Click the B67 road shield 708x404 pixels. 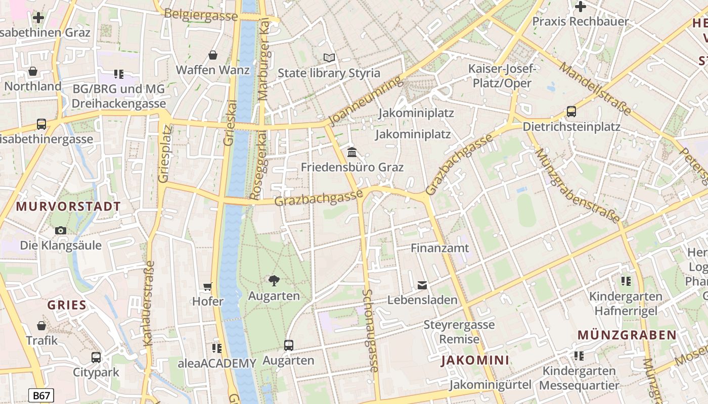tap(41, 395)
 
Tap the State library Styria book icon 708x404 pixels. tap(329, 58)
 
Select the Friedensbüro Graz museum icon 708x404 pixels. tap(352, 152)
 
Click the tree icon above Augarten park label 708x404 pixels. tap(274, 280)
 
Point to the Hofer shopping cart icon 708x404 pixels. tap(207, 287)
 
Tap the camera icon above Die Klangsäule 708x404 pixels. tap(61, 231)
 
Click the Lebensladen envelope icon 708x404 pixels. tap(422, 285)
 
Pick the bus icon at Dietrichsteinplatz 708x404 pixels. tap(571, 112)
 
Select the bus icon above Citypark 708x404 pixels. tap(96, 358)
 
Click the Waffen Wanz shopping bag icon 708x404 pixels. tap(213, 55)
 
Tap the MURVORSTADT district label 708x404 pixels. tap(68, 207)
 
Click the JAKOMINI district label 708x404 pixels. tap(475, 360)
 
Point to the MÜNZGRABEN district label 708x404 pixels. tap(627, 335)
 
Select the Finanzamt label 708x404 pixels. tap(439, 248)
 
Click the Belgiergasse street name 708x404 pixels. tap(201, 15)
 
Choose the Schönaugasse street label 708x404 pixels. tap(370, 331)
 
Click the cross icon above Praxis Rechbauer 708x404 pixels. tap(581, 7)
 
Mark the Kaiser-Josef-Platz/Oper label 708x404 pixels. tap(500, 76)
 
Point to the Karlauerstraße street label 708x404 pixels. tap(148, 303)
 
